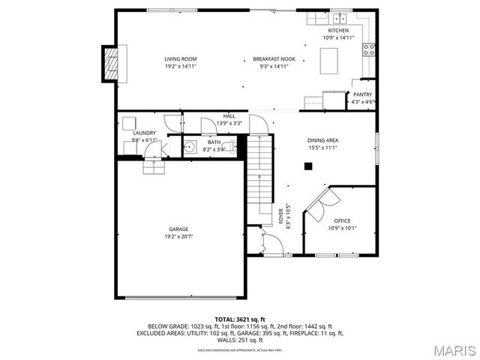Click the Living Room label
180,58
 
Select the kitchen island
331,61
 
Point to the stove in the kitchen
369,49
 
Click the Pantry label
363,94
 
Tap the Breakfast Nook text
274,58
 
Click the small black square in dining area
306,166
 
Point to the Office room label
342,220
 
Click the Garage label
178,229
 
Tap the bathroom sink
190,147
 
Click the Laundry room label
144,133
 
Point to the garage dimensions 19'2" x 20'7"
178,237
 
